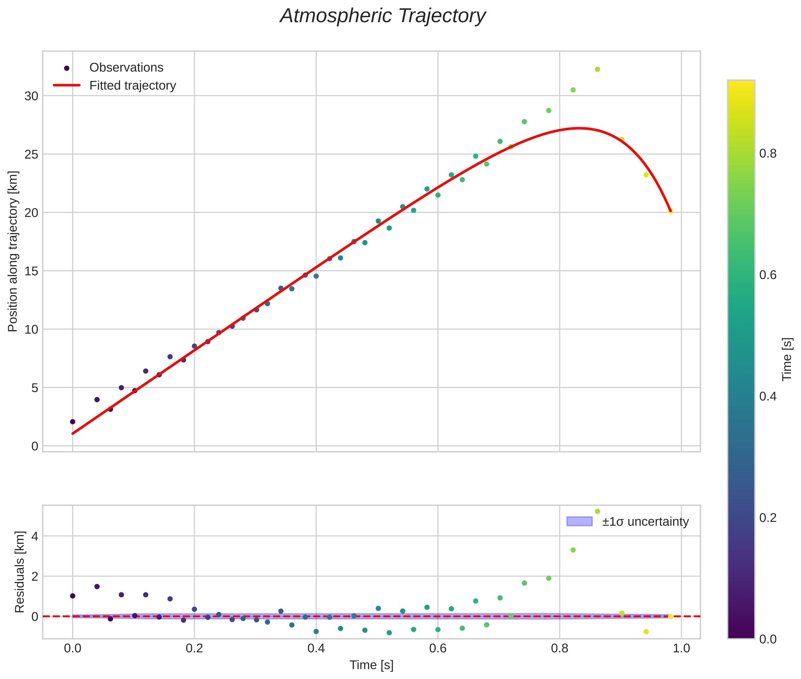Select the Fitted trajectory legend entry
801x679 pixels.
point(132,86)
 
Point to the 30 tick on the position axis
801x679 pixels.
point(31,96)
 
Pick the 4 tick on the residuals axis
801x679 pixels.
point(35,536)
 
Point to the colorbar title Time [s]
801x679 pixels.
point(787,359)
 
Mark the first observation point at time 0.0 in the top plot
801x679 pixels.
point(72,421)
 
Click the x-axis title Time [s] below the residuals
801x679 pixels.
point(371,665)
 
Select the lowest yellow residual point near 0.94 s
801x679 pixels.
point(646,631)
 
